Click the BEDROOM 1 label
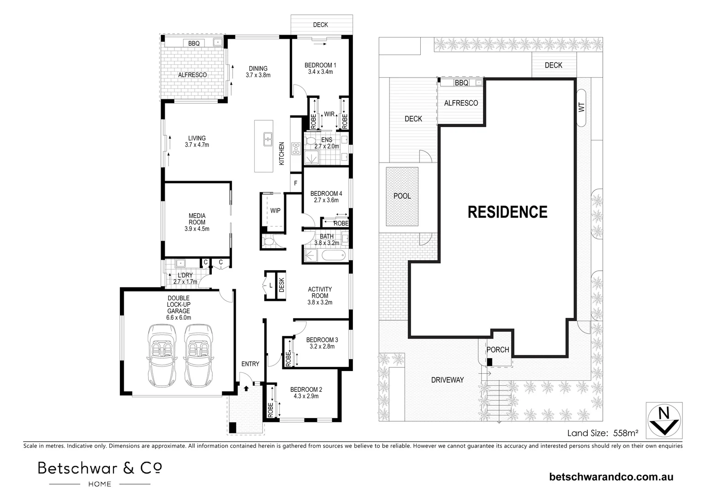point(320,65)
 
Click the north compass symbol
point(663,420)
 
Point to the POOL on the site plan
point(402,196)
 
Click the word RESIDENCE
point(508,212)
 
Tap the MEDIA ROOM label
point(197,222)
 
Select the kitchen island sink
point(267,139)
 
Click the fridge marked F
point(295,183)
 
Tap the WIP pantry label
point(275,211)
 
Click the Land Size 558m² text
point(603,433)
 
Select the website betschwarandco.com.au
point(611,477)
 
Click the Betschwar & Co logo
point(100,473)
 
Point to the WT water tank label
point(581,107)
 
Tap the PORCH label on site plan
point(498,350)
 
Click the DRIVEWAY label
point(447,380)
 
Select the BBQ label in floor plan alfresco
point(194,43)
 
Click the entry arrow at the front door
point(246,388)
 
